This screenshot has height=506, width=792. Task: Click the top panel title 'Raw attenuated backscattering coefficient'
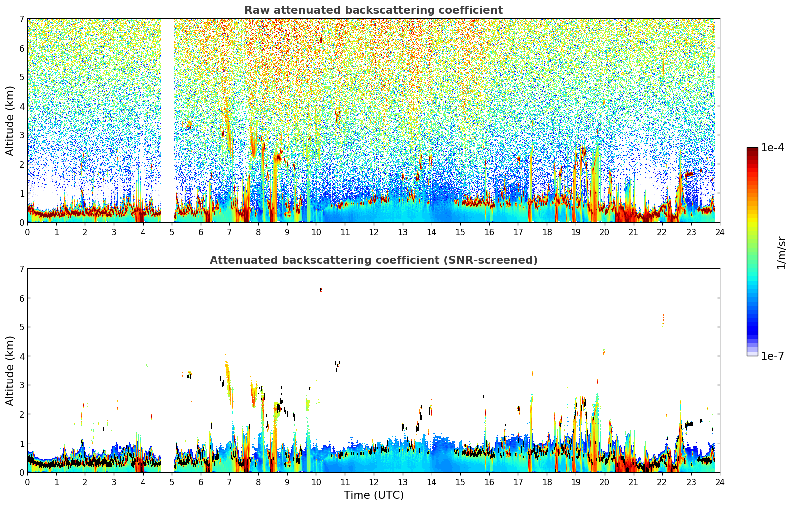[x=373, y=10]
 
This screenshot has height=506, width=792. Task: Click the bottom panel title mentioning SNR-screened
[x=373, y=260]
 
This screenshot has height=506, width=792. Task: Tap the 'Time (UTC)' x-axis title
[x=373, y=495]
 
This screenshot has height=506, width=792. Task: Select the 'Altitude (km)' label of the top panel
[x=10, y=121]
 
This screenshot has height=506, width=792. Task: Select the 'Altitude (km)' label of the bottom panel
[x=10, y=371]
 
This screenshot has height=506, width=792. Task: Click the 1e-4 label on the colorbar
[x=772, y=148]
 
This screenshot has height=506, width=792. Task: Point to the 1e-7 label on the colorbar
[x=772, y=356]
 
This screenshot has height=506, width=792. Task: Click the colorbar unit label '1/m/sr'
[x=781, y=253]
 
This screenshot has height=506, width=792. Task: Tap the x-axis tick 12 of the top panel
[x=373, y=232]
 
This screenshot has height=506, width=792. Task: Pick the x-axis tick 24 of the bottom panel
[x=720, y=482]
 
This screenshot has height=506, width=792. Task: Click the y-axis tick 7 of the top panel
[x=21, y=19]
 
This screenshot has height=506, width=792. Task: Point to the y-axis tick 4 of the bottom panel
[x=21, y=356]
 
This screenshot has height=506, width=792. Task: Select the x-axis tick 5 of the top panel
[x=172, y=232]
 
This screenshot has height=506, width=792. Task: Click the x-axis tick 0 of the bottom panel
[x=27, y=482]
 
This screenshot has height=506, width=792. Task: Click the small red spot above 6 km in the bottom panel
[x=321, y=289]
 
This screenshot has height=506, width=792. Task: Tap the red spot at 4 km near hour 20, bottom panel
[x=604, y=353]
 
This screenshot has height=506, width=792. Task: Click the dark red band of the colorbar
[x=752, y=152]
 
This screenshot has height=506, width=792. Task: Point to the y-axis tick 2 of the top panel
[x=21, y=164]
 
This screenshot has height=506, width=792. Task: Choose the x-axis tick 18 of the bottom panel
[x=547, y=482]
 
